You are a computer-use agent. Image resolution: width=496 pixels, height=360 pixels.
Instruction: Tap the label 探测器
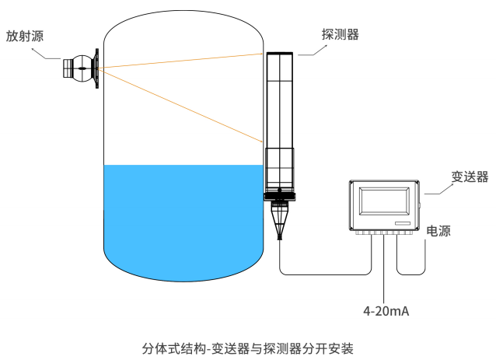tap(340, 34)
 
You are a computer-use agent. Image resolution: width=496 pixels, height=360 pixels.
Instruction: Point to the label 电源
tap(438, 231)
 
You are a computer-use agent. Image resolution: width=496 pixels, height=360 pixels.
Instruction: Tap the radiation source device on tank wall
tap(80, 68)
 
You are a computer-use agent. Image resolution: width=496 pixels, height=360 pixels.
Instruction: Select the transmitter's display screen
tap(385, 202)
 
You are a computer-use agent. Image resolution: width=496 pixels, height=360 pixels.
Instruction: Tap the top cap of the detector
tap(280, 52)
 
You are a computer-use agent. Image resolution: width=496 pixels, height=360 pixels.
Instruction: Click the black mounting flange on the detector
tap(280, 195)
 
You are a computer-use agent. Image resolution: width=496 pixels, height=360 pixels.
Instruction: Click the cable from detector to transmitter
tap(327, 273)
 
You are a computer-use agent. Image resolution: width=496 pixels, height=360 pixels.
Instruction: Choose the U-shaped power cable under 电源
tap(412, 272)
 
